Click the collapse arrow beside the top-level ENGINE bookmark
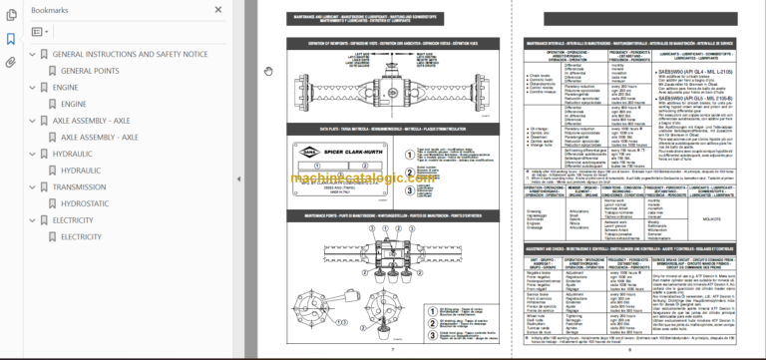(x=31, y=87)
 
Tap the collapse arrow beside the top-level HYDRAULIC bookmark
(x=31, y=154)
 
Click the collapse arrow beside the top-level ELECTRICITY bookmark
(x=31, y=220)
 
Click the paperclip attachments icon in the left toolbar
(x=11, y=62)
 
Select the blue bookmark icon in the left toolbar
(x=11, y=39)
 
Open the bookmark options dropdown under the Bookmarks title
(x=41, y=32)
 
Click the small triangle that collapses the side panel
(x=238, y=180)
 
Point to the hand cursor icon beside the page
(x=267, y=71)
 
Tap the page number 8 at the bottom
(x=630, y=351)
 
